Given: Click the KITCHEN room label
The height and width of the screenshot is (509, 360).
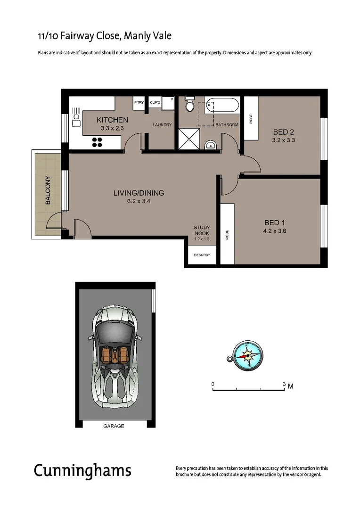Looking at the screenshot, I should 112,120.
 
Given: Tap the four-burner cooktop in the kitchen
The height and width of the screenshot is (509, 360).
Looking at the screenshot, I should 98,142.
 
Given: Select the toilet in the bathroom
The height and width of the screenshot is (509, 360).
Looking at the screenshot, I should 190,105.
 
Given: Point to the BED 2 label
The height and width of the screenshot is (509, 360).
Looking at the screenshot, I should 283,132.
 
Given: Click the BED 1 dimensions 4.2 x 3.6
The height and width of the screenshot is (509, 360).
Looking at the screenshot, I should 276,231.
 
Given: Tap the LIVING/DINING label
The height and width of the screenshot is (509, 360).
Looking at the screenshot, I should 139,193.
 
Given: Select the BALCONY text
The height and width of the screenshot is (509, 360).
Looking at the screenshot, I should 48,190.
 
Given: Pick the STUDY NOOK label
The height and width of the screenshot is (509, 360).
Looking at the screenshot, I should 202,230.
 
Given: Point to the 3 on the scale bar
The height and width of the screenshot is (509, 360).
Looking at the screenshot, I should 284,385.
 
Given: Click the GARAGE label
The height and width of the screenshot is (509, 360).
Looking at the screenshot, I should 114,426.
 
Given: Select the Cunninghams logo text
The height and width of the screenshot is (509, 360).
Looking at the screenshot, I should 82,470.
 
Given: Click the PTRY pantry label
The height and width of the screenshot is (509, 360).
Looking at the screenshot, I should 139,102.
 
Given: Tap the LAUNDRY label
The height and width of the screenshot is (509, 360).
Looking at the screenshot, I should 162,125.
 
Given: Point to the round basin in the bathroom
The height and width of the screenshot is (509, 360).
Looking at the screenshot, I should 210,145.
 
